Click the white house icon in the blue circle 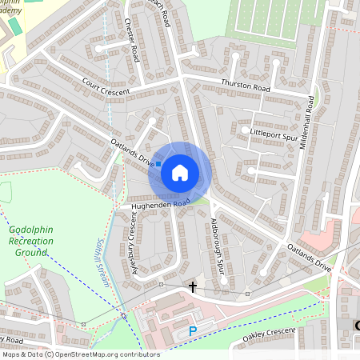180,172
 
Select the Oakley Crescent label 263,337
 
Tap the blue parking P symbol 192,330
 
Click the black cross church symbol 192,286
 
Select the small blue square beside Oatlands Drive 158,163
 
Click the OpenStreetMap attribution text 80,354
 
